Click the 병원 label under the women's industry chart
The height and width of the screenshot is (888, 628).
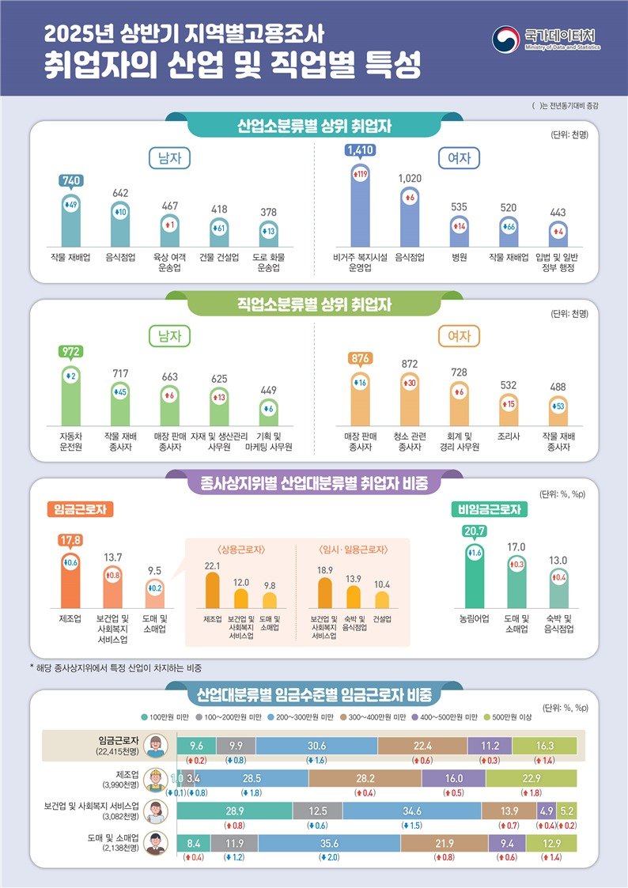click(459, 257)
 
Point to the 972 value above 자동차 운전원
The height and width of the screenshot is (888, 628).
click(71, 351)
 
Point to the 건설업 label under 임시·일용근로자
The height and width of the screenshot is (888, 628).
click(382, 618)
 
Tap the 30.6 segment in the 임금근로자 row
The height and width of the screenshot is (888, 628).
click(316, 745)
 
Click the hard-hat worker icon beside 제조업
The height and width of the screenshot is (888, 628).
click(157, 778)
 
